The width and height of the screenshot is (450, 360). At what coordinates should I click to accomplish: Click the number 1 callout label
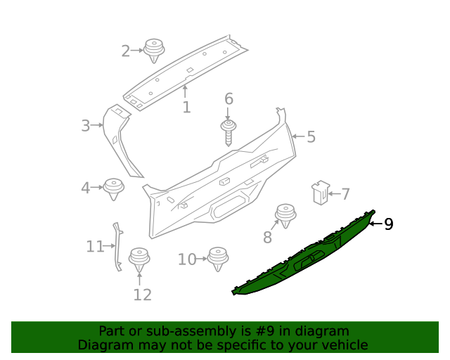click(186, 107)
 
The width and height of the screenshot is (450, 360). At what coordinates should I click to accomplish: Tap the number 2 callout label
click(126, 51)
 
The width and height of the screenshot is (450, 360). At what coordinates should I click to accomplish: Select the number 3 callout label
click(86, 126)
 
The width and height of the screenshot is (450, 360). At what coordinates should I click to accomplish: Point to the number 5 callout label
click(311, 136)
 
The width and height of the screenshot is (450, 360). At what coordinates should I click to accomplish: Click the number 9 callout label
click(388, 224)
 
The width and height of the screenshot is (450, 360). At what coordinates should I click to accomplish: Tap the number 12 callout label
click(142, 295)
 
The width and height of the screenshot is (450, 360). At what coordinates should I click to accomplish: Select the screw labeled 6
click(229, 131)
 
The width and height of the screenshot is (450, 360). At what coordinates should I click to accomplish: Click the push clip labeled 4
click(112, 188)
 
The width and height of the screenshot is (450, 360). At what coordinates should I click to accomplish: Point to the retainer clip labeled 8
click(285, 214)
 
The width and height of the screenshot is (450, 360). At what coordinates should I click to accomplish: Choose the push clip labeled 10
click(219, 259)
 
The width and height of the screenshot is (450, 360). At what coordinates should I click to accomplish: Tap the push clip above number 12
click(139, 259)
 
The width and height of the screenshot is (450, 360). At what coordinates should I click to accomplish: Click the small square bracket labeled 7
click(320, 192)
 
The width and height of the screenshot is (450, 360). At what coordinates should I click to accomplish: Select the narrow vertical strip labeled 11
click(116, 246)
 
